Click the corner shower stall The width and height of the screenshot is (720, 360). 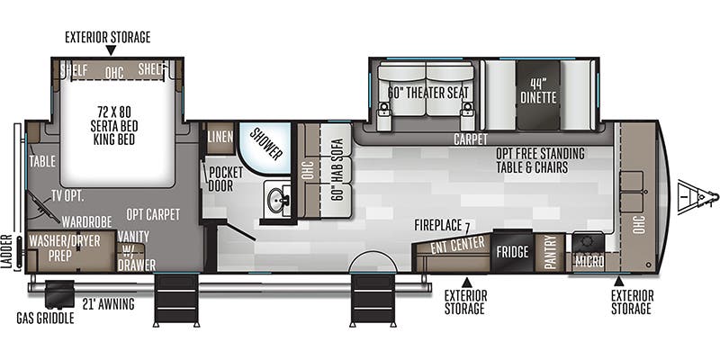pyautogui.click(x=265, y=148)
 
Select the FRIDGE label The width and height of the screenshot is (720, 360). pyautogui.click(x=512, y=252)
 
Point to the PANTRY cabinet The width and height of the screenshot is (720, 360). pyautogui.click(x=549, y=252)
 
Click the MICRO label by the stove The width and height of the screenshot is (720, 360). pyautogui.click(x=589, y=262)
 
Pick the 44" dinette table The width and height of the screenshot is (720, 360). pyautogui.click(x=538, y=95)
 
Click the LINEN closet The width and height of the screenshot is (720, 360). pyautogui.click(x=220, y=139)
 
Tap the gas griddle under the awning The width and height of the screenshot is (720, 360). pyautogui.click(x=59, y=294)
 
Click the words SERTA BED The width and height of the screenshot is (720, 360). pyautogui.click(x=114, y=125)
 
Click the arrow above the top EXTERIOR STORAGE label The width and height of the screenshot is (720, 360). pyautogui.click(x=111, y=50)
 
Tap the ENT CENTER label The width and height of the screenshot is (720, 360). pyautogui.click(x=457, y=245)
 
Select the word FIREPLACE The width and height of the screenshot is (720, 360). pyautogui.click(x=437, y=225)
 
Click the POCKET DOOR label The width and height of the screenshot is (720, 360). pyautogui.click(x=226, y=179)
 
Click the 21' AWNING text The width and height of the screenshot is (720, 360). pyautogui.click(x=108, y=304)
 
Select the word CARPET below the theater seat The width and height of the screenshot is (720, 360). pyautogui.click(x=470, y=139)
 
